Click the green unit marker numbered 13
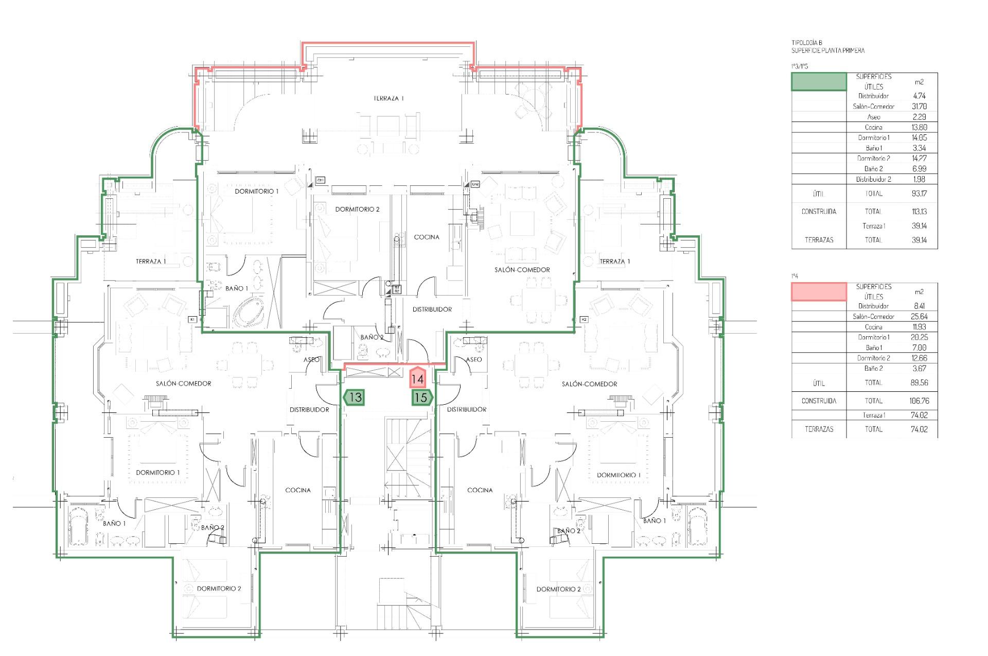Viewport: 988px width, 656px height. tap(354, 398)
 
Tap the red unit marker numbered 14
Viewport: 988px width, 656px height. tap(417, 379)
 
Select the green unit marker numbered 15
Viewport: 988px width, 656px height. tap(421, 398)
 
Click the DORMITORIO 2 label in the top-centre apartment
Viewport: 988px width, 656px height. tap(357, 209)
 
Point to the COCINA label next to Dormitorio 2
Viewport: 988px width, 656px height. tap(427, 237)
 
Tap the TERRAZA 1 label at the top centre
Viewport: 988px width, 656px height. tap(389, 98)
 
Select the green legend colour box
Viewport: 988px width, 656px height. tap(818, 81)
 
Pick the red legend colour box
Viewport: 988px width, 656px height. tap(818, 291)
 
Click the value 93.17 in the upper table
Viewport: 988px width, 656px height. tap(919, 194)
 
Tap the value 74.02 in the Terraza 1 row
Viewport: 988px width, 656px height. tap(919, 415)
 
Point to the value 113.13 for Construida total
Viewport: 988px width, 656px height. tap(919, 211)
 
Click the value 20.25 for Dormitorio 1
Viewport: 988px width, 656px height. tap(919, 337)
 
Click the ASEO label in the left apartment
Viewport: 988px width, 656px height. tap(311, 359)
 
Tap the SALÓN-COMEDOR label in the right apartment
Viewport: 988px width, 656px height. tap(589, 384)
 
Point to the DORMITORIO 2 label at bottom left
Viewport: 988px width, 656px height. tap(219, 589)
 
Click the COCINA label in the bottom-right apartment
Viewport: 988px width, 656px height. tap(480, 490)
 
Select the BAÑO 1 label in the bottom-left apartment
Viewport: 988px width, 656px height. tap(114, 523)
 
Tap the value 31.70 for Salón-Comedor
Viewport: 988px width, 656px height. tap(919, 107)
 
